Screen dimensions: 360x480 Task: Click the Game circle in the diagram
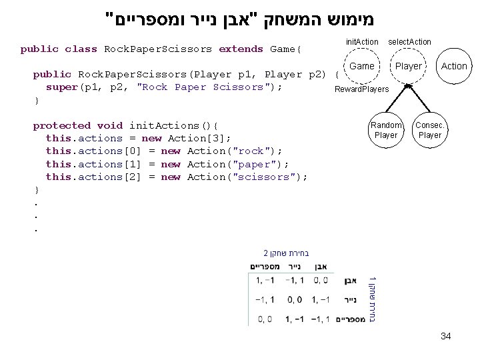tap(362, 66)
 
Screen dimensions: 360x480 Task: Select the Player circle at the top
tap(408, 66)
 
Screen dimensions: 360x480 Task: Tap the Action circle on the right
tap(454, 66)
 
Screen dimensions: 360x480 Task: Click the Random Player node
tap(386, 130)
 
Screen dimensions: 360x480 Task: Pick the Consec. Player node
tap(429, 130)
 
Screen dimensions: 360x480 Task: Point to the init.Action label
tap(362, 42)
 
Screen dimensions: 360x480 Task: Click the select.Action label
tap(409, 42)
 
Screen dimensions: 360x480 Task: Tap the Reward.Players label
tap(361, 89)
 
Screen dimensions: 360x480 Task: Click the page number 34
tap(445, 336)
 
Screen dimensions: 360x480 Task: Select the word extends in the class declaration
tap(241, 49)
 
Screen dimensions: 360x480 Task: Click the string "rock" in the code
tap(250, 151)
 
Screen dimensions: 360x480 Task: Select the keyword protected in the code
tap(61, 125)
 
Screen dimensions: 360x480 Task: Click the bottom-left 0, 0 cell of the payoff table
tap(262, 319)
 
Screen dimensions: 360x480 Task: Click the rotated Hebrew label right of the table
tap(374, 300)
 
